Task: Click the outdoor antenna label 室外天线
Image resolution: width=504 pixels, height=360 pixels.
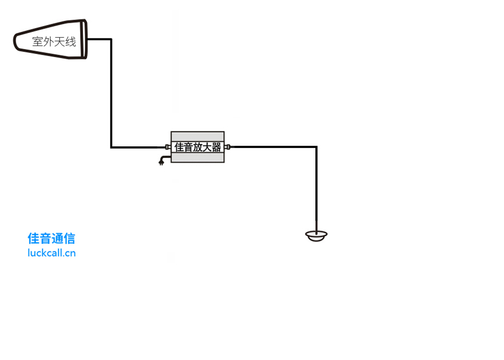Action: click(x=54, y=42)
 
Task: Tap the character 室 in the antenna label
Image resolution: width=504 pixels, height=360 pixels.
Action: click(x=38, y=42)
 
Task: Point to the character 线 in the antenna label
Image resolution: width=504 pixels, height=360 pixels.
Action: click(x=70, y=42)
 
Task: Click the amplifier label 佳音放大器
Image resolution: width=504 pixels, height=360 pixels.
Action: click(x=197, y=147)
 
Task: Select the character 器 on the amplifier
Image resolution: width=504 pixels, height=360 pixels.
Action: click(x=216, y=147)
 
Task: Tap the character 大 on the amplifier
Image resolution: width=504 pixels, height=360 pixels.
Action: click(x=207, y=147)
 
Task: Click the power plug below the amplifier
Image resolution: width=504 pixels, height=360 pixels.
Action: click(x=161, y=162)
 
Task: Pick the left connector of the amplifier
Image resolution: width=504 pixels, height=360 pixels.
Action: click(x=168, y=147)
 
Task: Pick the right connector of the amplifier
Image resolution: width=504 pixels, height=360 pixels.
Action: click(x=227, y=147)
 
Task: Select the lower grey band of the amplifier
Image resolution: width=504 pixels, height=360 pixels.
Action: click(x=197, y=157)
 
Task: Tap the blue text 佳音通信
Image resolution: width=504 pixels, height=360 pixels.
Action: click(x=51, y=239)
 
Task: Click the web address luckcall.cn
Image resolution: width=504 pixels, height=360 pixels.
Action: click(x=51, y=253)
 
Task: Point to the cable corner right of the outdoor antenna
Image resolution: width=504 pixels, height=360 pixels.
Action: click(x=111, y=39)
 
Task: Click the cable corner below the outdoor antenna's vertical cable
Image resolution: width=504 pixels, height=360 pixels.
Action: click(x=111, y=147)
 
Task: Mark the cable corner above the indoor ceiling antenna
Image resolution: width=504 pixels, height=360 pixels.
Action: click(x=316, y=147)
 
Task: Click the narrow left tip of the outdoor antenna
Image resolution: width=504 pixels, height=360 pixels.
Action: click(x=16, y=41)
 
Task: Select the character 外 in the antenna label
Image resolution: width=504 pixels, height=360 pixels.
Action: click(x=49, y=42)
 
